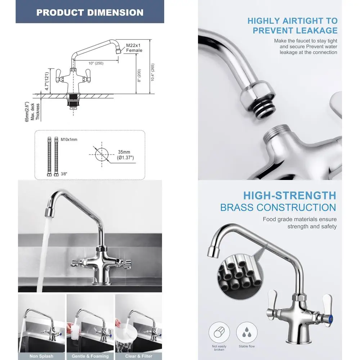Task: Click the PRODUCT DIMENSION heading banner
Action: tap(90, 12)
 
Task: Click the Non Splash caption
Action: tap(41, 356)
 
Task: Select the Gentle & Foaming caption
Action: tap(90, 356)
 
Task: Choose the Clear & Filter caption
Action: tap(139, 356)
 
